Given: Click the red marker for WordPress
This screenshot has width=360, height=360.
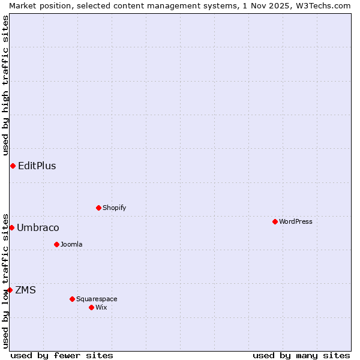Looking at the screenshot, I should coord(275,221).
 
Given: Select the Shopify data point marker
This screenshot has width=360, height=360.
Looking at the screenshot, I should coord(98,208).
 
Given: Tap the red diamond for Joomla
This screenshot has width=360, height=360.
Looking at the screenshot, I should coord(56,244).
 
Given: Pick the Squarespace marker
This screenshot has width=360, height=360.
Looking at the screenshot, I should coord(72,299).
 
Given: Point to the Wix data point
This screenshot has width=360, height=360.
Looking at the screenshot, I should coord(91,307).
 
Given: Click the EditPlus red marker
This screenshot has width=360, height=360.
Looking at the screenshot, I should coord(13,166).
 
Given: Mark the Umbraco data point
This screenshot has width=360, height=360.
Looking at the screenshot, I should coord(11,227).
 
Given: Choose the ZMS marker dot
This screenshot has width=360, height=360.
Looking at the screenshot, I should coord(10,290).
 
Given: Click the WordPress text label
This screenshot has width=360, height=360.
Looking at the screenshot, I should coord(295,221).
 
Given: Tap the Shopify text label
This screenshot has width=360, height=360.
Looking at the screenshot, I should coord(114,208).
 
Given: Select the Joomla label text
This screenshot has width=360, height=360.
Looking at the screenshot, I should coord(71,244).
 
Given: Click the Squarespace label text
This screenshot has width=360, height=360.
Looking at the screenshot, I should coord(97,299).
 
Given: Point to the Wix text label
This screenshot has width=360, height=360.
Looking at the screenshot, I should coord(101,307).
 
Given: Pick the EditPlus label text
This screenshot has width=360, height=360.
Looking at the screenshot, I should coord(37,166).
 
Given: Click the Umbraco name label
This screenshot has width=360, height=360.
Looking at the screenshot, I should coord(38,228).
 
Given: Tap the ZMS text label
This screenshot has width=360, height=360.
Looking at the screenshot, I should coord(25,290).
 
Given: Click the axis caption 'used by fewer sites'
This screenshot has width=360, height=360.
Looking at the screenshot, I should coord(62,355).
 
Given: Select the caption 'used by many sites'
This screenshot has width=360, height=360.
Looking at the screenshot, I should coord(301,355).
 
